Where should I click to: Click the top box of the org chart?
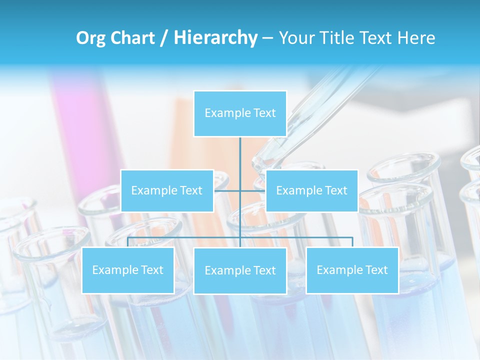click(240, 113)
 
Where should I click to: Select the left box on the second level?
click(167, 190)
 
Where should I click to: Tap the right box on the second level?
click(311, 190)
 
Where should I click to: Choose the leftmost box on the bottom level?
click(128, 270)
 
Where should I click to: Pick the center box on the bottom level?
click(240, 270)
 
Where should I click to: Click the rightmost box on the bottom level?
click(352, 270)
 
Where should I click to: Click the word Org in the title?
click(90, 38)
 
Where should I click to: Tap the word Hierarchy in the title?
click(215, 38)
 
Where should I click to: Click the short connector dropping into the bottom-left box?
click(128, 242)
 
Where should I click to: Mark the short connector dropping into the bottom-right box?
click(352, 242)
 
